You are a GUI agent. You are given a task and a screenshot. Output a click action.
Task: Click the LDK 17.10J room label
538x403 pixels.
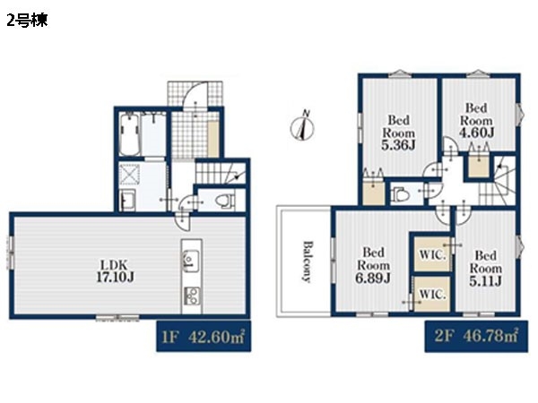pyautogui.click(x=116, y=270)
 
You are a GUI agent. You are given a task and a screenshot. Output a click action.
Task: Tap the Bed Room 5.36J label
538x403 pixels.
pyautogui.click(x=399, y=133)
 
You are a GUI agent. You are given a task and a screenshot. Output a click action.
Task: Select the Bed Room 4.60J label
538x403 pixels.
pyautogui.click(x=477, y=120)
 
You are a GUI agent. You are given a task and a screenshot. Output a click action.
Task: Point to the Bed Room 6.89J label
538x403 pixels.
pyautogui.click(x=373, y=265)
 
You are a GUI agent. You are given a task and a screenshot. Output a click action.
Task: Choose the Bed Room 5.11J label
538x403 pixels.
pyautogui.click(x=485, y=268)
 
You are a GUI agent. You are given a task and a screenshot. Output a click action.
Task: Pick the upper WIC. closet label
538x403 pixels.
pyautogui.click(x=432, y=255)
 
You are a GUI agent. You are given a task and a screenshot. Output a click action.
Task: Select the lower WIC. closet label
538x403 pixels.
pyautogui.click(x=432, y=295)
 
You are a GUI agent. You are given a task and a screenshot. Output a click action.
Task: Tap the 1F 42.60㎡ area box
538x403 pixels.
pyautogui.click(x=204, y=337)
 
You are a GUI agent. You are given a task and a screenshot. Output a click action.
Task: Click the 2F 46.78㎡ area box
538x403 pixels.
pyautogui.click(x=476, y=336)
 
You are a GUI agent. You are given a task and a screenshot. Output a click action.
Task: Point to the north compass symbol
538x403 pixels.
pyautogui.click(x=302, y=126)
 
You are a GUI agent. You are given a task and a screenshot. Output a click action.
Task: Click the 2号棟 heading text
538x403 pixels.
pyautogui.click(x=27, y=21)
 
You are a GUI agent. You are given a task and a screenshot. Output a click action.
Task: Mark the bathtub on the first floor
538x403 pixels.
pyautogui.click(x=130, y=134)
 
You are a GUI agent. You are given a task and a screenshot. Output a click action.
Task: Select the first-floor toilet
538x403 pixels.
pyautogui.click(x=225, y=201)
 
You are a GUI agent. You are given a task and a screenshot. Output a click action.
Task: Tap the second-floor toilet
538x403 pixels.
pyautogui.click(x=401, y=194)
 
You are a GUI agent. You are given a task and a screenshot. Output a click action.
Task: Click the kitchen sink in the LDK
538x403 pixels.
pyautogui.click(x=191, y=260)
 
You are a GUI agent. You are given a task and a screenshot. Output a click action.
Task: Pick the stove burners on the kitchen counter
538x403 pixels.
pyautogui.click(x=192, y=296)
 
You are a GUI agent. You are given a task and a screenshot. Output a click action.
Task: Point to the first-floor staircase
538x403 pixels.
pyautogui.click(x=221, y=173)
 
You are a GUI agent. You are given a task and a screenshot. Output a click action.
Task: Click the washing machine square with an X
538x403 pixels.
pyautogui.click(x=130, y=175)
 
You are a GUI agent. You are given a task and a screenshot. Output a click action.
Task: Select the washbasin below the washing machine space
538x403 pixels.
pyautogui.click(x=127, y=200)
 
